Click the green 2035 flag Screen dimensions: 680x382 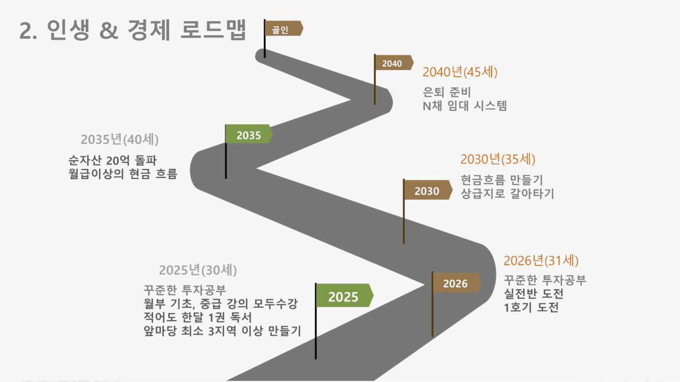[249, 134]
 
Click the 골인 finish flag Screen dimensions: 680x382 [283, 29]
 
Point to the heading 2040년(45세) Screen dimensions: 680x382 [460, 72]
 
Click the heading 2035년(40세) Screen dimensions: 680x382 [119, 139]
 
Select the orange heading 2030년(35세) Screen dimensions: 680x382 [498, 159]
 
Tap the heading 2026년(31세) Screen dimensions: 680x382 [541, 260]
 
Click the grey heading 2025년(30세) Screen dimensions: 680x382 [198, 270]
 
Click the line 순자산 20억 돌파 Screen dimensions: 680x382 [112, 160]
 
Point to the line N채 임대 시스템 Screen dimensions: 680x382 [465, 106]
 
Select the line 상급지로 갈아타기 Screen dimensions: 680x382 [508, 193]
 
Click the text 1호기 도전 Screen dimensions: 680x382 [531, 307]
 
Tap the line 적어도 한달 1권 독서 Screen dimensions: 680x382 [198, 317]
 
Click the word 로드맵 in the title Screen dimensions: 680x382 [213, 29]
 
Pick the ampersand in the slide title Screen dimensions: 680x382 [109, 31]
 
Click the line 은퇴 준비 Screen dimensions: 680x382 [447, 92]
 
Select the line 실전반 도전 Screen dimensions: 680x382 [534, 294]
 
